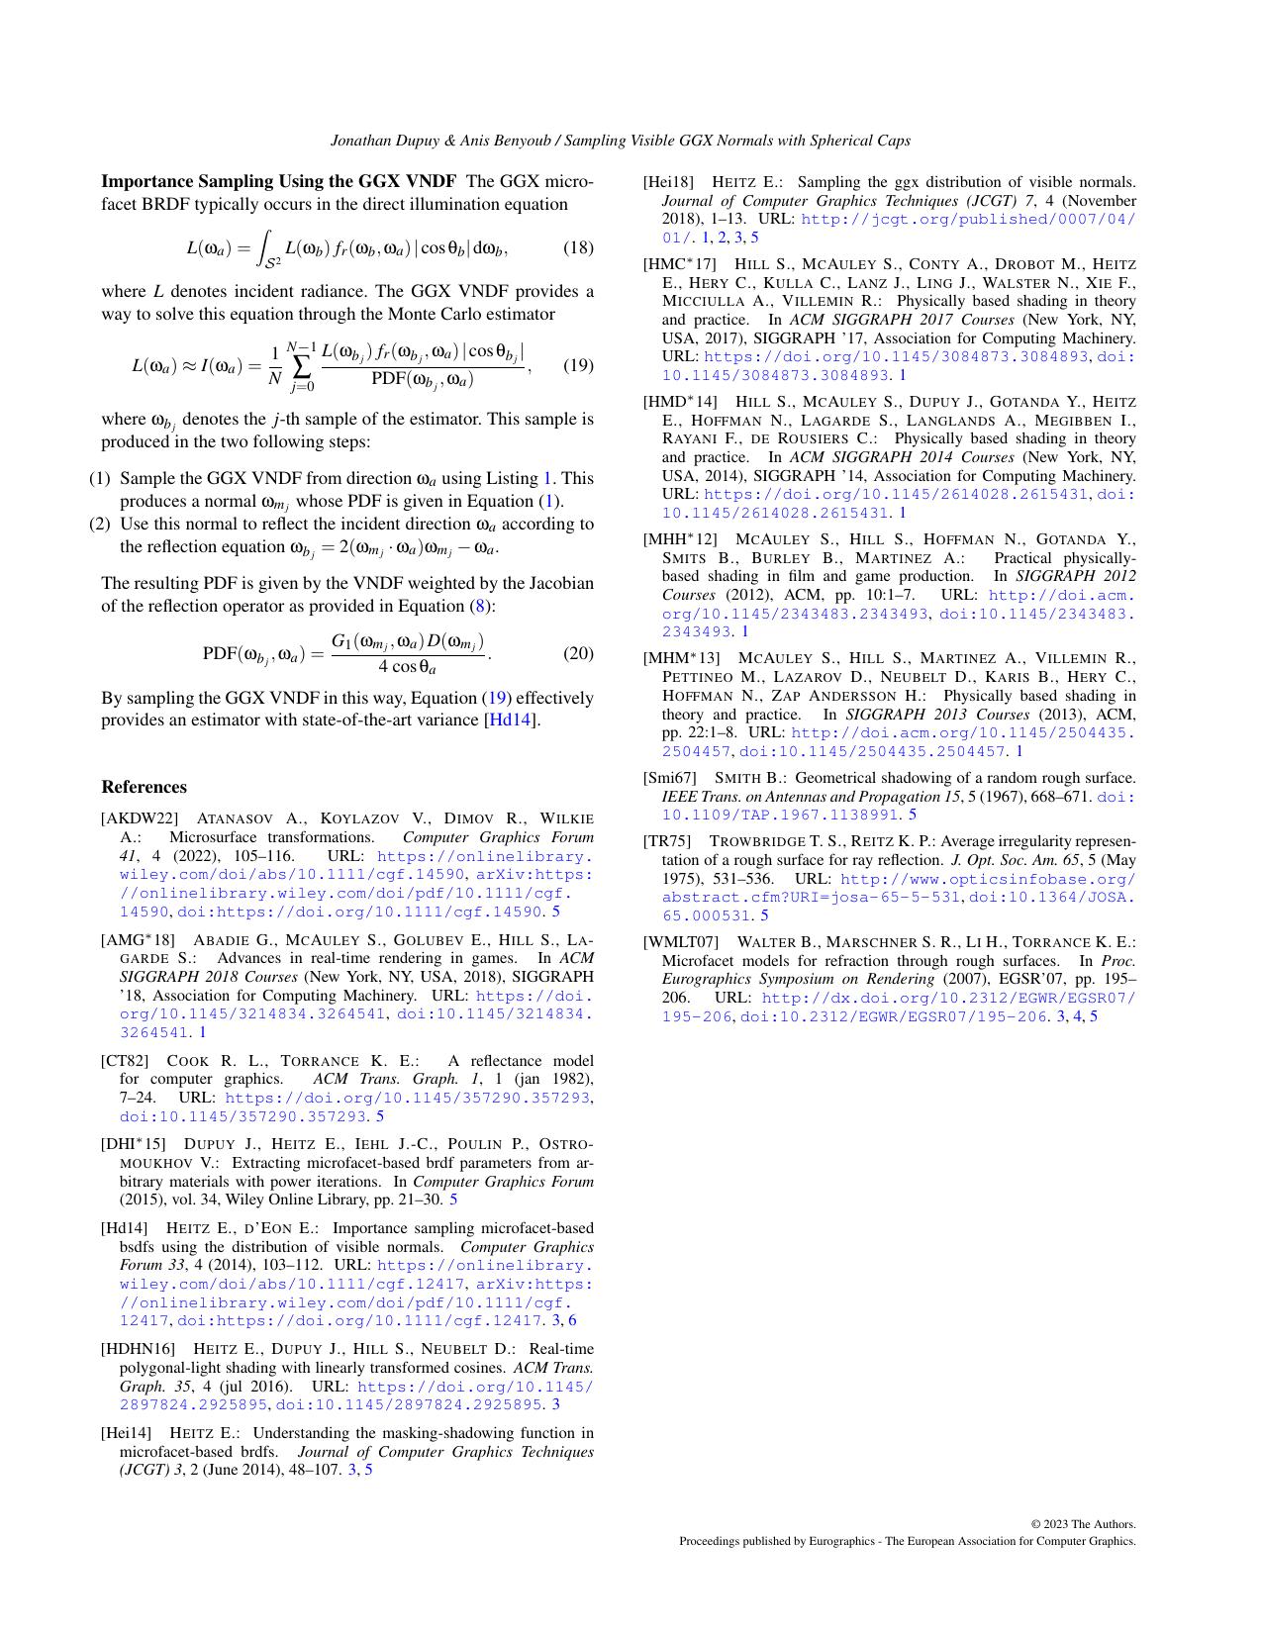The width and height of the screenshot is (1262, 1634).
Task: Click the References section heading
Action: click(x=144, y=787)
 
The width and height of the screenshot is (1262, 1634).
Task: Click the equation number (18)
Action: click(x=578, y=247)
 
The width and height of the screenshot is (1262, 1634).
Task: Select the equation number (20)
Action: click(x=578, y=653)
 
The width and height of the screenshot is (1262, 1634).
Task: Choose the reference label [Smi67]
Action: click(x=670, y=778)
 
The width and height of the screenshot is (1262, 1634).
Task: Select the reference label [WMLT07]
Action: click(x=681, y=942)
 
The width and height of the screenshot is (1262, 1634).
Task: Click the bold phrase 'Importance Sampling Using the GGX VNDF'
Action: click(x=278, y=181)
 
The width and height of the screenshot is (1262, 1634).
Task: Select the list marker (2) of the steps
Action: click(x=100, y=525)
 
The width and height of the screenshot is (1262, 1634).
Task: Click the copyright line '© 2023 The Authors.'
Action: click(x=1083, y=1524)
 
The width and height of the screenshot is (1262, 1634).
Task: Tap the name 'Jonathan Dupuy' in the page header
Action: click(x=381, y=141)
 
